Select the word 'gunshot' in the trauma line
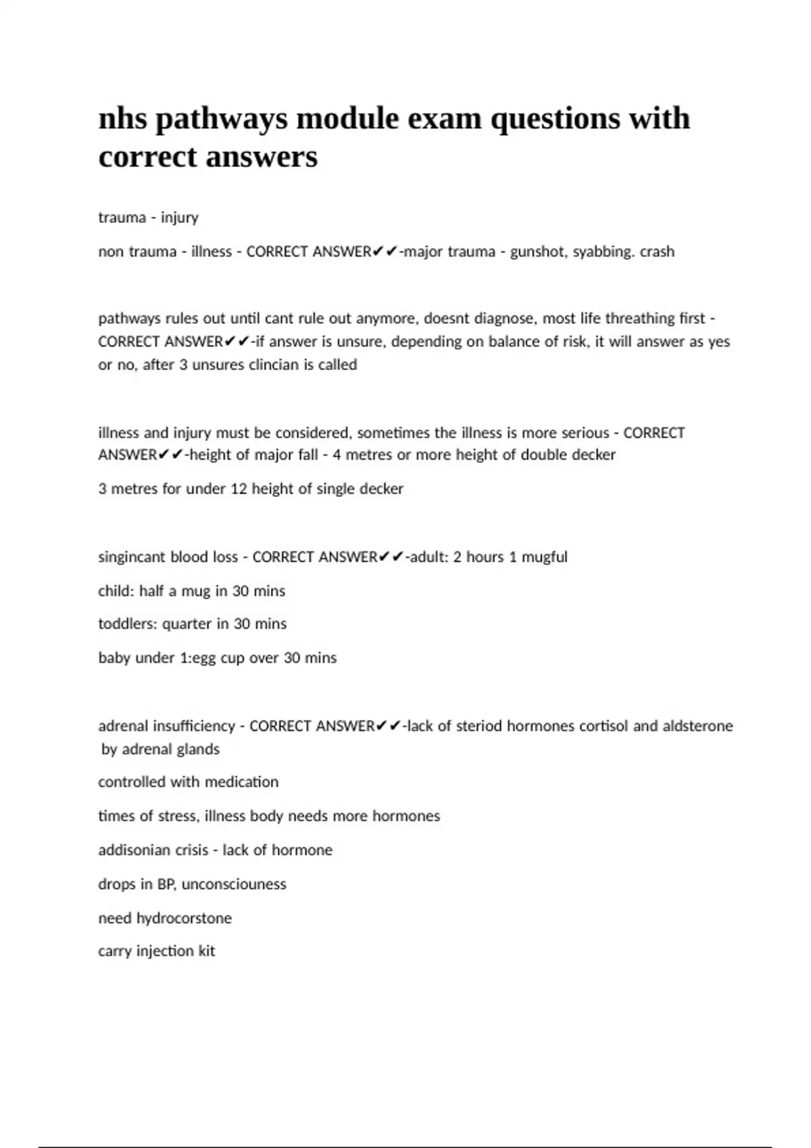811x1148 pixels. point(539,252)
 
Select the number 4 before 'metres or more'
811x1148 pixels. point(336,454)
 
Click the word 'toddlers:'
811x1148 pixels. point(127,624)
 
